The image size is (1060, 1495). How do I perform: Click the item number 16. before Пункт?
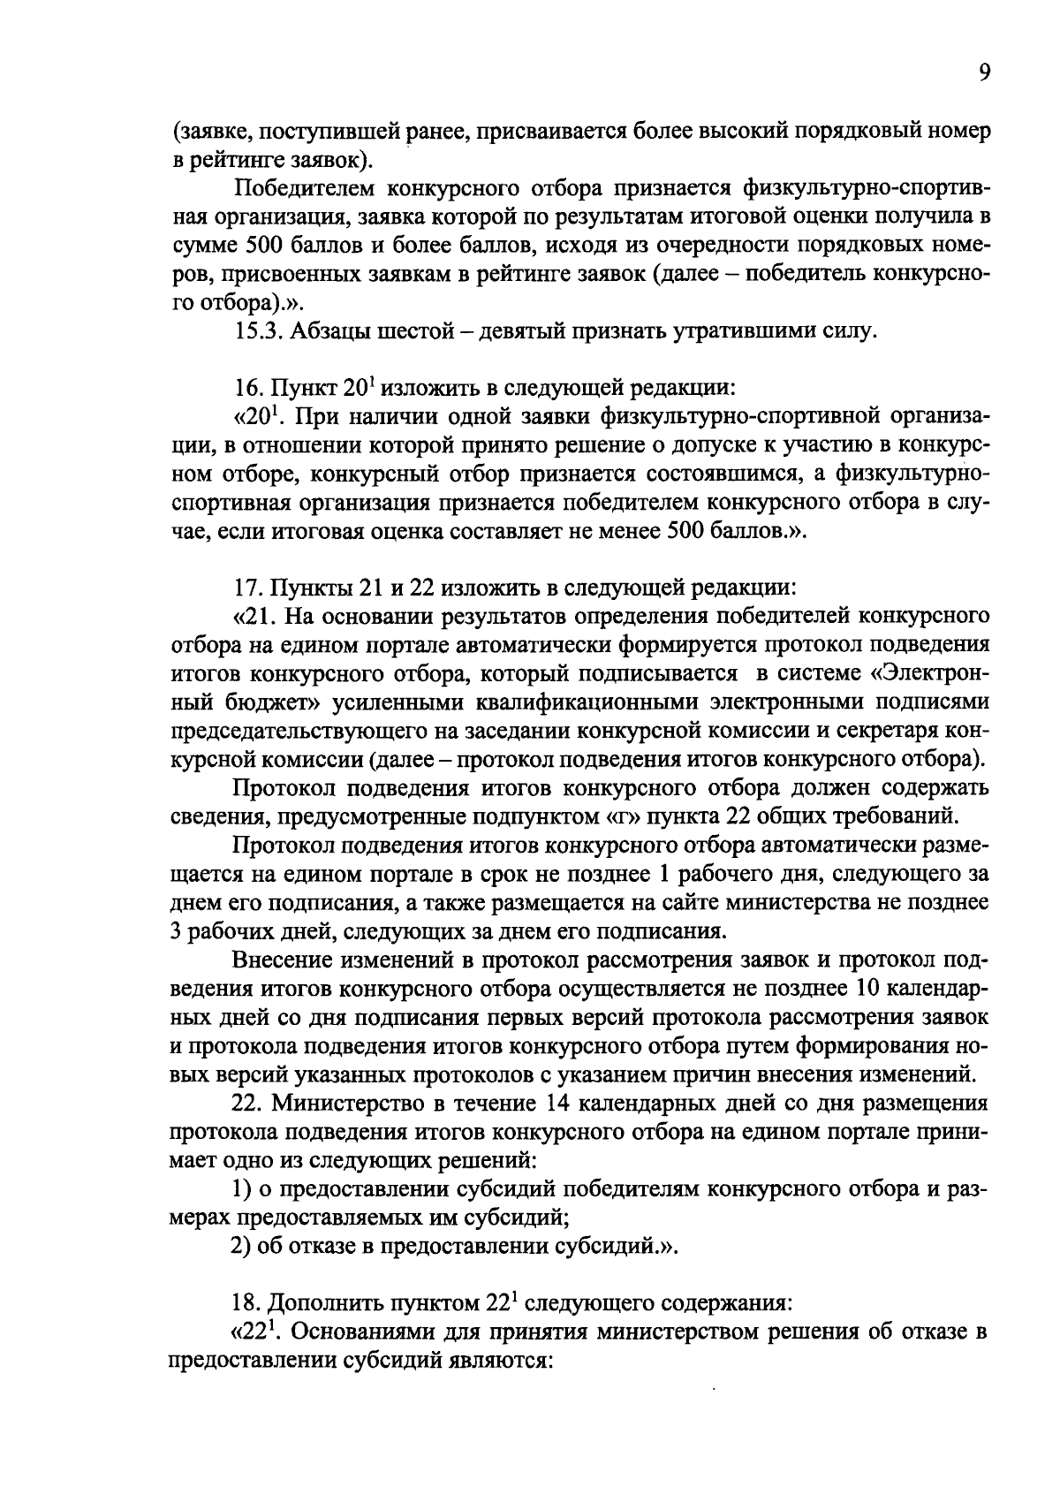(247, 390)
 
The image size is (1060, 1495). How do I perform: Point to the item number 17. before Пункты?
(247, 587)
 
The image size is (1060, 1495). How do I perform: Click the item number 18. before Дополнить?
(247, 1303)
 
